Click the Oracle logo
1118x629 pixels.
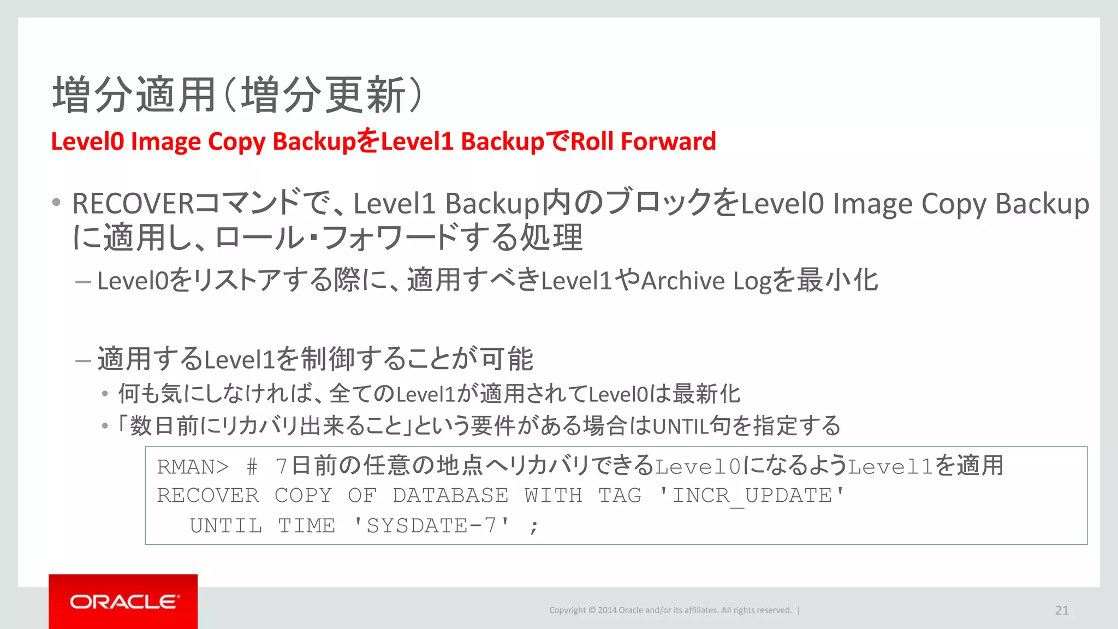tap(124, 602)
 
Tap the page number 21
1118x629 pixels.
tap(1062, 610)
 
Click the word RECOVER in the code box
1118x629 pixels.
tap(207, 496)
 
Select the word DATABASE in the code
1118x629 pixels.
tap(450, 496)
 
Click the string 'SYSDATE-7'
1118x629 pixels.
tap(431, 526)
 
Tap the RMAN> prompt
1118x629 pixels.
tap(193, 467)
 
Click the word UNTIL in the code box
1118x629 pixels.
tap(225, 526)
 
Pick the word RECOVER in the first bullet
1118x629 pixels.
tap(133, 204)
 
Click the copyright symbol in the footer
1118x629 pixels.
tap(591, 610)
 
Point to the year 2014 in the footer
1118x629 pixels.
tap(606, 610)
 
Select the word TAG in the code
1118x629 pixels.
tap(620, 496)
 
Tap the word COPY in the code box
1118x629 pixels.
tap(303, 496)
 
